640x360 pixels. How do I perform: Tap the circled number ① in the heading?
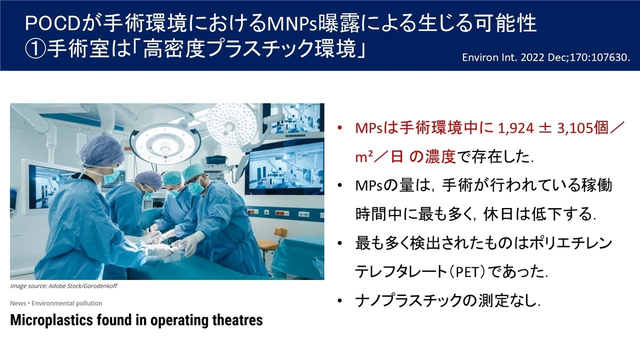(x=35, y=49)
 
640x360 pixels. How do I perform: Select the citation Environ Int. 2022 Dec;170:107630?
(x=546, y=58)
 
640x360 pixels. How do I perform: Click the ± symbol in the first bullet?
(x=545, y=129)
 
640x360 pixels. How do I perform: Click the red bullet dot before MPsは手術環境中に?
(x=339, y=129)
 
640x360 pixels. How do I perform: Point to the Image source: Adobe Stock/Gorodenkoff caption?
(x=63, y=286)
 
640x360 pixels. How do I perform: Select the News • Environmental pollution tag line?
(x=56, y=303)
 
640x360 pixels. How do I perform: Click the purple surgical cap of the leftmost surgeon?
(x=101, y=151)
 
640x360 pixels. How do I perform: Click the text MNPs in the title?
(x=291, y=23)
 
